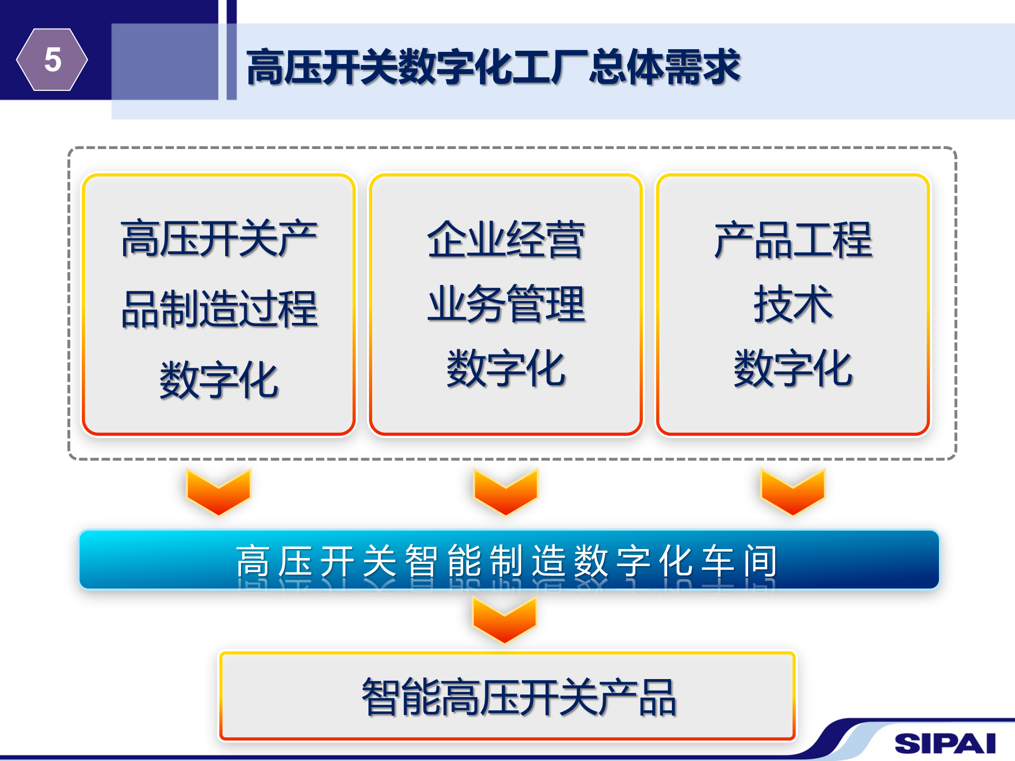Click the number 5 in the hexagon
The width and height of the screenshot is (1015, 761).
[52, 59]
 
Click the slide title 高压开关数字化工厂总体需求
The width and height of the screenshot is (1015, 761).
[493, 67]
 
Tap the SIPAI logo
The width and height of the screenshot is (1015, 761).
[945, 743]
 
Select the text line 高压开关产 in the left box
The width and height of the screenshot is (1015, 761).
[219, 239]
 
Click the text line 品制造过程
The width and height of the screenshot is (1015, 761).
[219, 309]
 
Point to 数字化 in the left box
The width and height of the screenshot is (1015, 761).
[219, 379]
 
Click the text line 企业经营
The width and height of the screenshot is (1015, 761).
[506, 240]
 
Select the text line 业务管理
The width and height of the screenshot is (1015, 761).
[506, 304]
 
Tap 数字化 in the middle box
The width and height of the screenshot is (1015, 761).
[506, 368]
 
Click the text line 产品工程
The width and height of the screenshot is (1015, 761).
[793, 240]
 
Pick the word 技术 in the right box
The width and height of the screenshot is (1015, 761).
[793, 304]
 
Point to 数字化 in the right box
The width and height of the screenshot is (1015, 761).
[793, 368]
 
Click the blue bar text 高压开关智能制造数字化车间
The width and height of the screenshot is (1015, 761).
[506, 561]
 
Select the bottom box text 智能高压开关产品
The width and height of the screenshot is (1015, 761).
[518, 697]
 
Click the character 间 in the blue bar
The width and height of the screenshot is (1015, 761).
[760, 561]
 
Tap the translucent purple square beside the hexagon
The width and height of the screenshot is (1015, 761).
[164, 61]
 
